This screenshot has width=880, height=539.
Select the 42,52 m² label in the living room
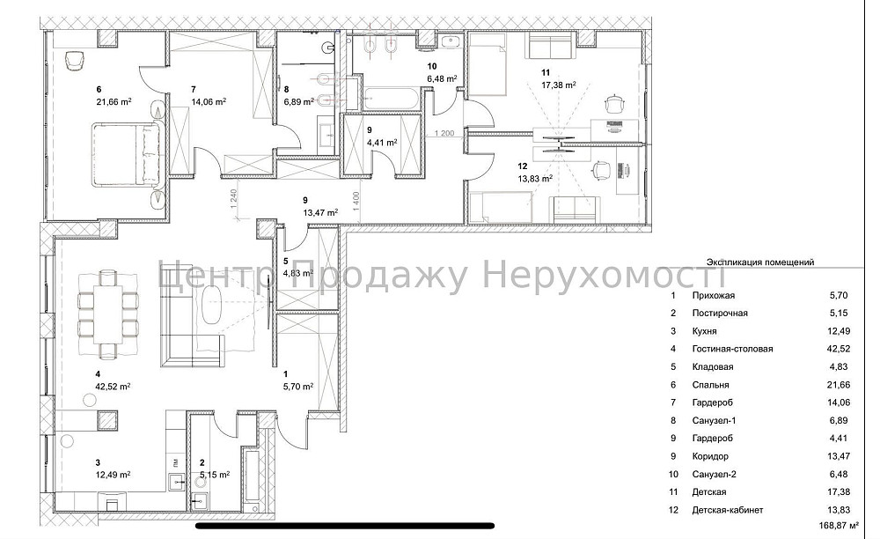114,386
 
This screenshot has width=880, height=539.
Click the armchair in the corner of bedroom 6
74,59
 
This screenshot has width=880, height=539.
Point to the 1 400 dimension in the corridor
356,203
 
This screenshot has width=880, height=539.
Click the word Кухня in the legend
705,331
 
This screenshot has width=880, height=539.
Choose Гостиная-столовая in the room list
732,349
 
